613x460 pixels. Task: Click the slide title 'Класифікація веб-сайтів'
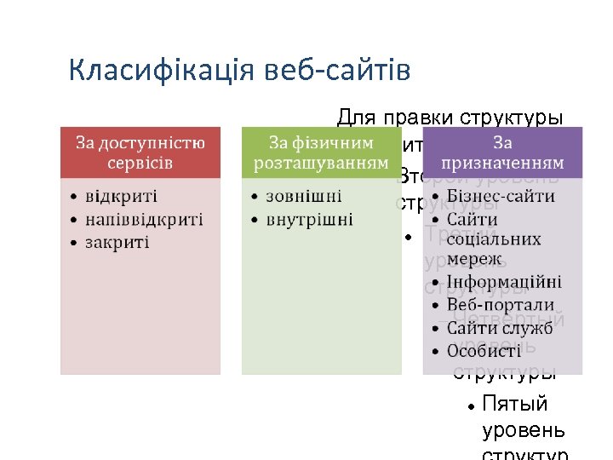point(239,70)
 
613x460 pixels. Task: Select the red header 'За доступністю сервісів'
point(140,152)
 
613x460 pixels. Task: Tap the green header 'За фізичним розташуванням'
point(322,152)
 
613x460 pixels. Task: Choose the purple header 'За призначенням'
point(502,152)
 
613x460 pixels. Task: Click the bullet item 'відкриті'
point(119,197)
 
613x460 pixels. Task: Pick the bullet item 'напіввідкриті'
point(143,220)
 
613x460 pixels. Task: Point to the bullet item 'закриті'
point(117,243)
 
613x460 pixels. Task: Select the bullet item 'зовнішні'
point(304,197)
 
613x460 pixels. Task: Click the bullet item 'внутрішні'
point(309,220)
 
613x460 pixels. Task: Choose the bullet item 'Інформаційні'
point(505,282)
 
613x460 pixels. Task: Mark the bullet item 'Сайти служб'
point(500,328)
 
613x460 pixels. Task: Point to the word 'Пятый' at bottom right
point(514,403)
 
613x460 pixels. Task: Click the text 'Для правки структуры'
point(450,117)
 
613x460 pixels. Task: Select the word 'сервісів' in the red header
point(140,162)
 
